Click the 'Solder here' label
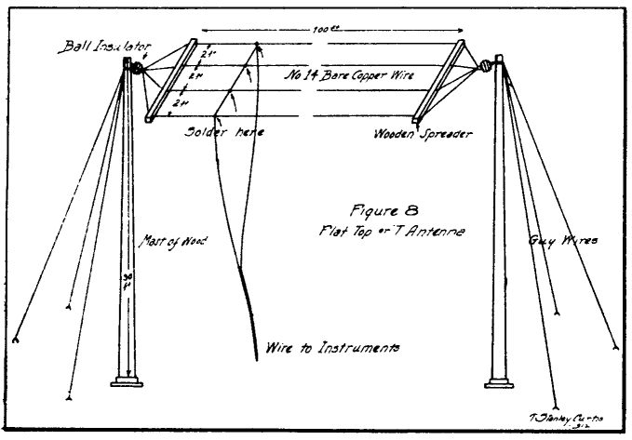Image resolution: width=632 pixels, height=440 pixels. coord(224,132)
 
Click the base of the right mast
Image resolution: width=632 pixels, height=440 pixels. coord(502,380)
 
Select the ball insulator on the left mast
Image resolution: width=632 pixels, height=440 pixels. coord(136,69)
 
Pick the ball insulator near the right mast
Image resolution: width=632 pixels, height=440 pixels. coord(485,67)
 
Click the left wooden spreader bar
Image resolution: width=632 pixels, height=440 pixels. coord(168,80)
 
